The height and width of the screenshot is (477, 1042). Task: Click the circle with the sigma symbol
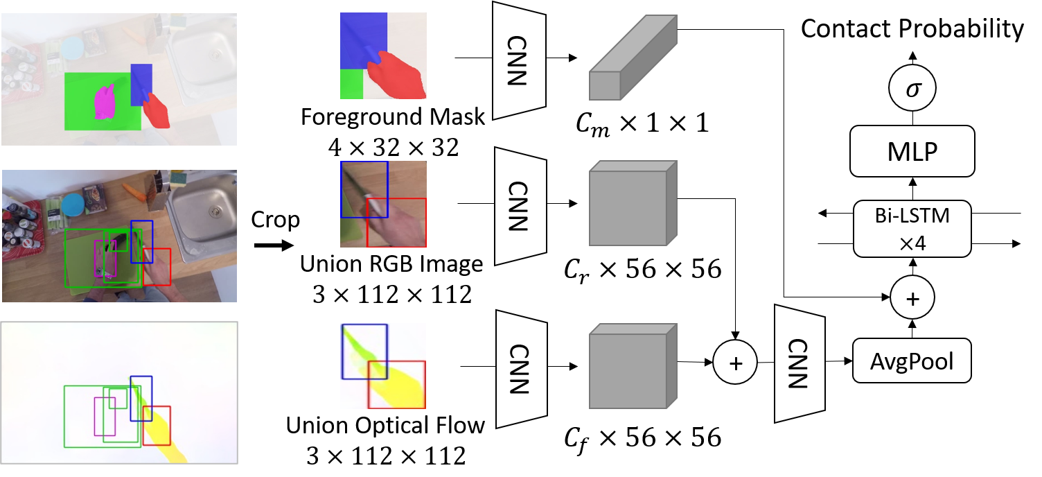912,89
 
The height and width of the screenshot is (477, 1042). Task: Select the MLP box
912,150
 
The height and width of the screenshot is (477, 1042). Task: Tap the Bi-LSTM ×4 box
912,229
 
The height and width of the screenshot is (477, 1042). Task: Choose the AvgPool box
912,361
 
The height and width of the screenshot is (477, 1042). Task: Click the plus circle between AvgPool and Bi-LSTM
912,298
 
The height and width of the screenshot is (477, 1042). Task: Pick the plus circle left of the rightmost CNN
735,362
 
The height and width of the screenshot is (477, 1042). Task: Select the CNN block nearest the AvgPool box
800,363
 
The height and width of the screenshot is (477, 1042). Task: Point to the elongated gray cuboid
632,59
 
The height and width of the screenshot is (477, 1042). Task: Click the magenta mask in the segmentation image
105,103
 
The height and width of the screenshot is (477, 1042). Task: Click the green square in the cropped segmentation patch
352,84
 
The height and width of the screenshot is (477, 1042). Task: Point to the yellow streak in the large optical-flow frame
164,433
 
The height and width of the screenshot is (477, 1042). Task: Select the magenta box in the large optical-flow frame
105,416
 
